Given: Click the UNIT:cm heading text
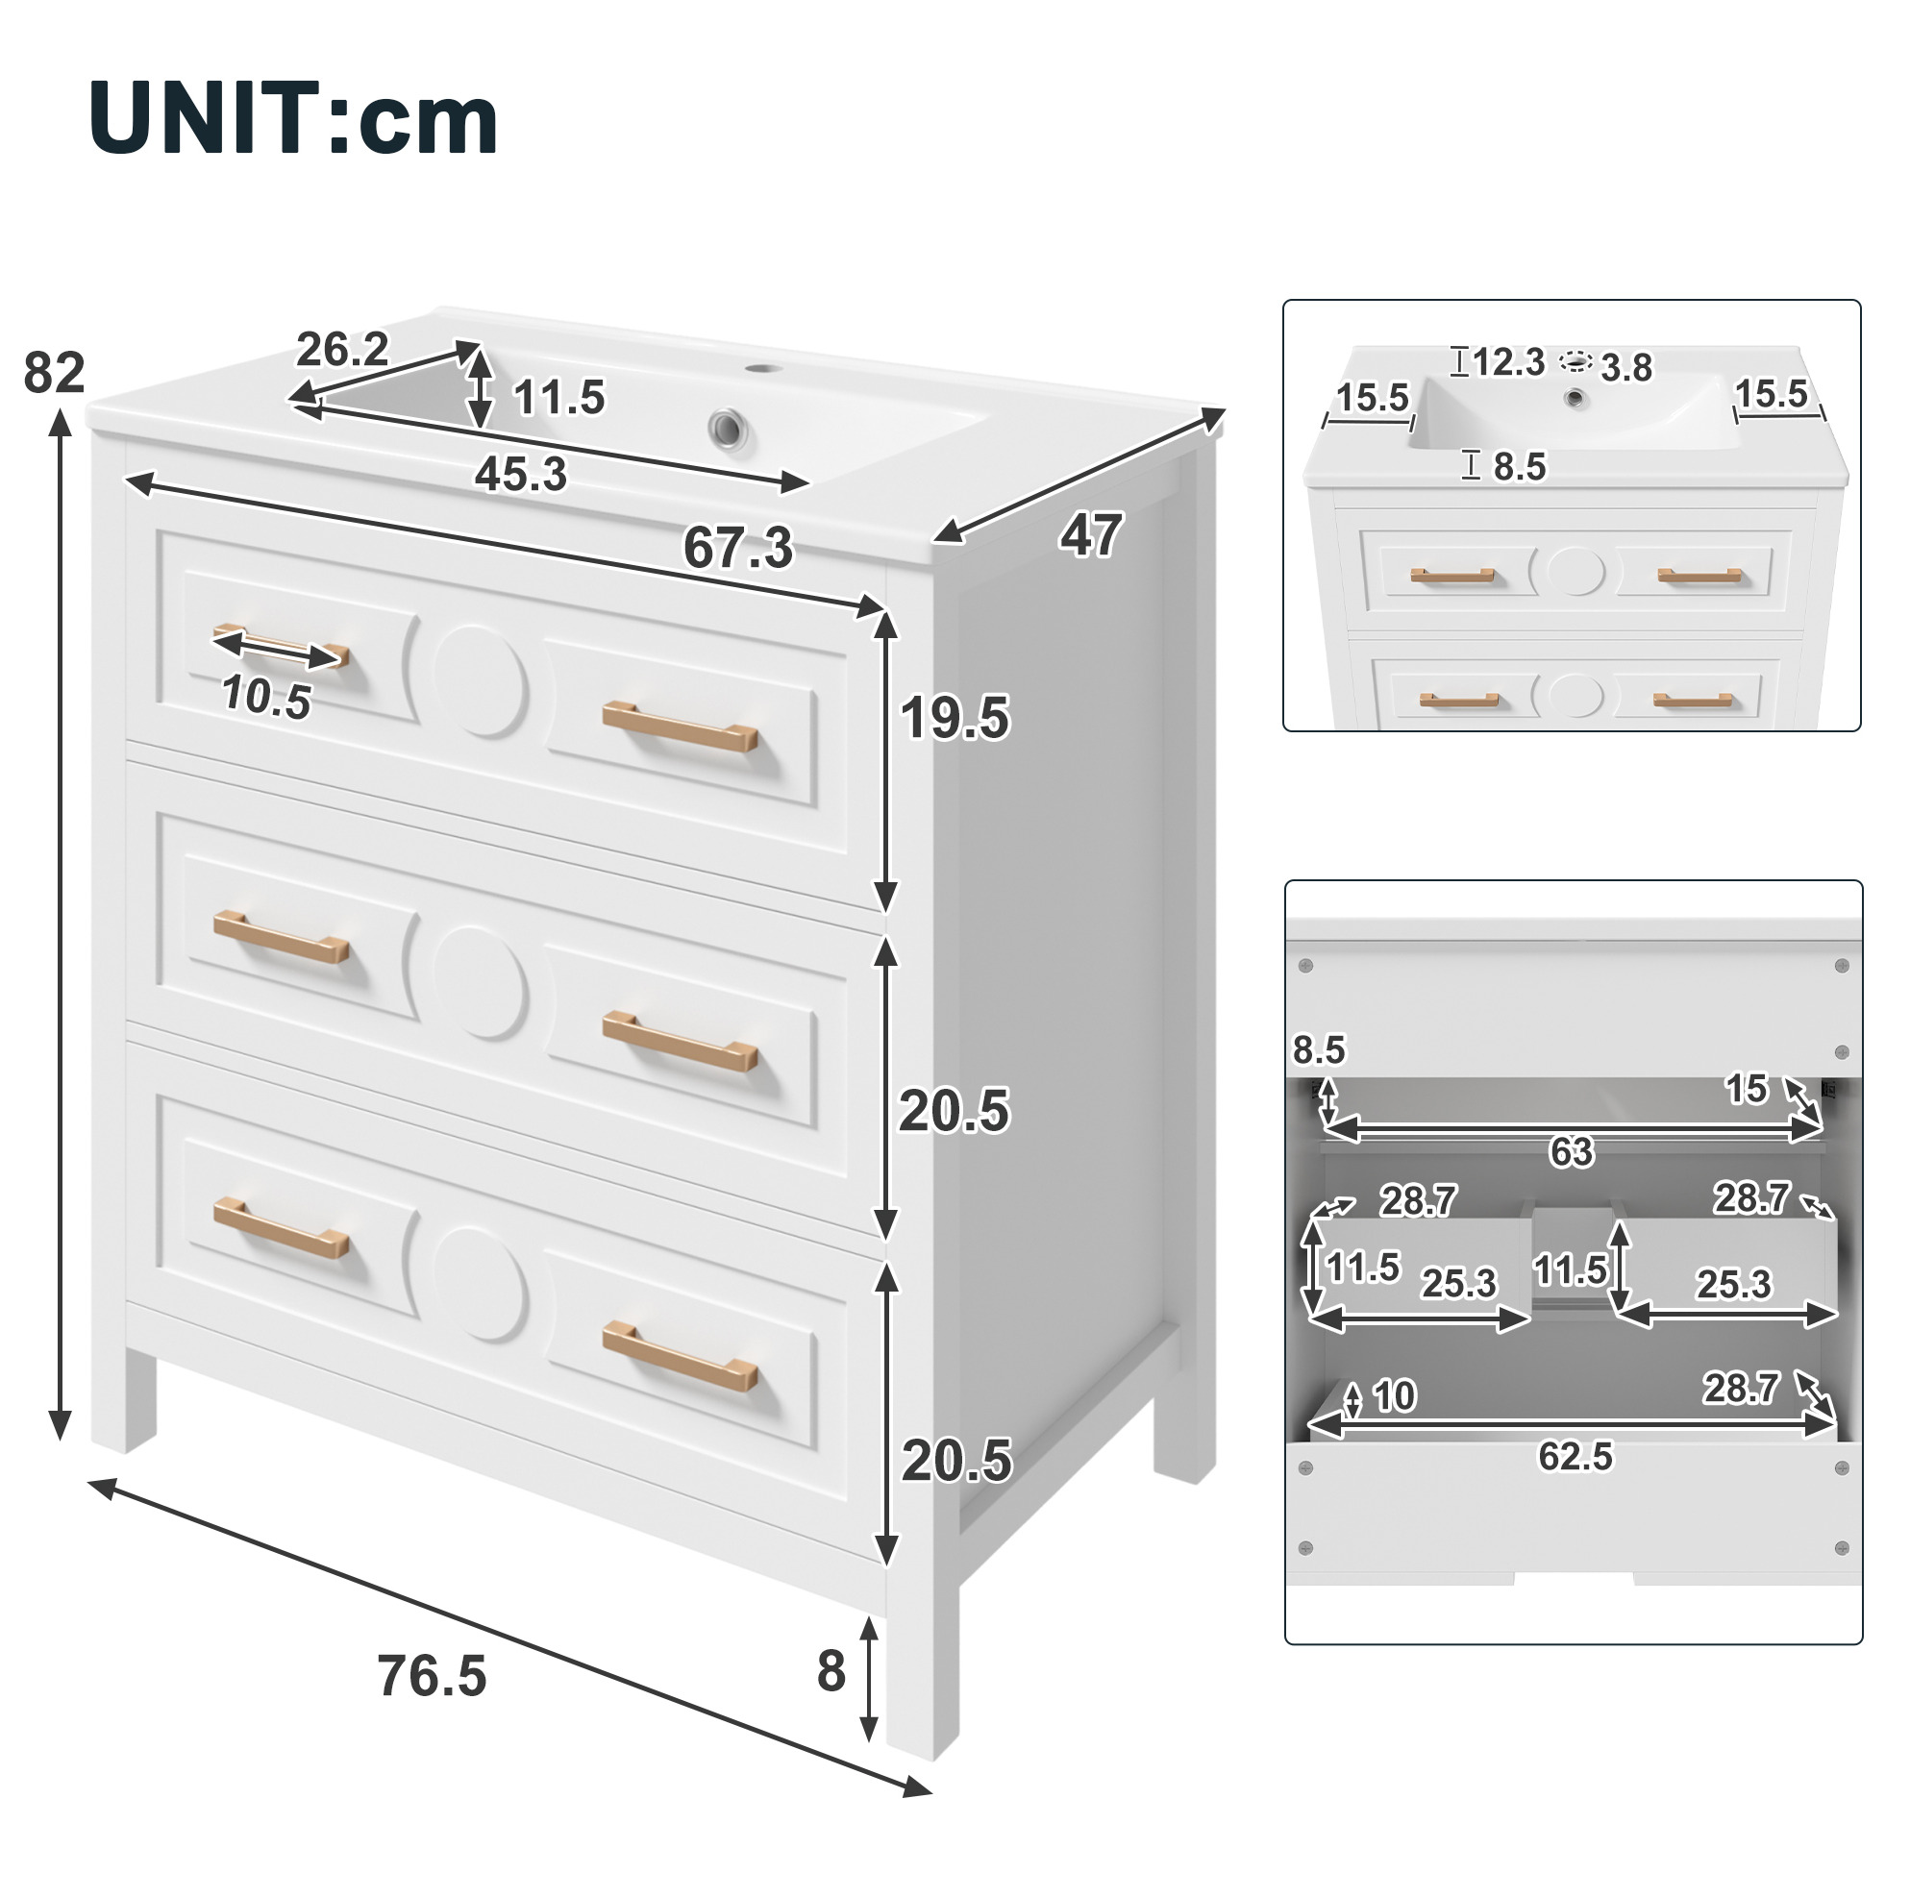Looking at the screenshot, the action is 293,119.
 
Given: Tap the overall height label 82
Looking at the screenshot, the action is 55,374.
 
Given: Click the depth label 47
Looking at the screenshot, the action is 1090,535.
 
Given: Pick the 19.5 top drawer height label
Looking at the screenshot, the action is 955,718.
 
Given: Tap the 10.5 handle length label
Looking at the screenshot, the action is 266,697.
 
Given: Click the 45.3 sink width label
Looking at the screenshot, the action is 521,474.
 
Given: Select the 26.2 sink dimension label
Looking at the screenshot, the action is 342,349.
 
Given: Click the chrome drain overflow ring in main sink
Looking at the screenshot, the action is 729,429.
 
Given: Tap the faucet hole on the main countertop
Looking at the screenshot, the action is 761,369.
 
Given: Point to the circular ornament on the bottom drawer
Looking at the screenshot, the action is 481,1284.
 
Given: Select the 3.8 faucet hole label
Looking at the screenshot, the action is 1626,369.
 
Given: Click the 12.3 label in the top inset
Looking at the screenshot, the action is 1508,363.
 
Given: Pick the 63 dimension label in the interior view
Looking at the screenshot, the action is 1572,1151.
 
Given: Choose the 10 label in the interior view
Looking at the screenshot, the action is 1394,1395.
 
